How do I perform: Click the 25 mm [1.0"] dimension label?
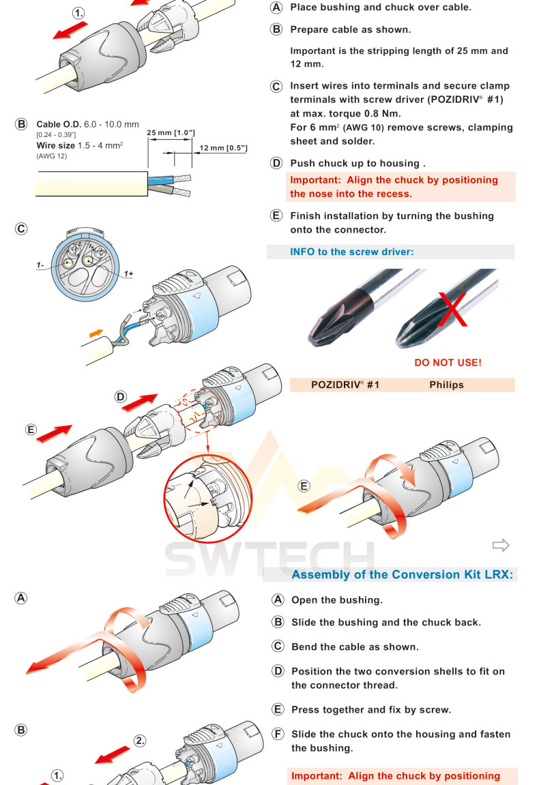[x=171, y=132]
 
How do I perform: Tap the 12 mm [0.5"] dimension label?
[x=223, y=148]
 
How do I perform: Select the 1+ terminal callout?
[x=128, y=273]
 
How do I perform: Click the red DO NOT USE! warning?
[x=448, y=362]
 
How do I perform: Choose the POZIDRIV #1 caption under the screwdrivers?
[x=345, y=385]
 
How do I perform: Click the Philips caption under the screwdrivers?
[x=446, y=385]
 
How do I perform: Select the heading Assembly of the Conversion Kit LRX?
[x=401, y=574]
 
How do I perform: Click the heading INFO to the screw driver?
[x=351, y=252]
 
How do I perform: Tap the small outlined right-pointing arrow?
[x=501, y=544]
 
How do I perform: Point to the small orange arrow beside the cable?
[x=98, y=332]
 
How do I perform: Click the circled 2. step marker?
[x=140, y=740]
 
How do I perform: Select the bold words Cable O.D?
[x=59, y=125]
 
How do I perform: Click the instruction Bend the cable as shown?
[x=355, y=647]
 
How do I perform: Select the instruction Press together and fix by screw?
[x=371, y=709]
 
